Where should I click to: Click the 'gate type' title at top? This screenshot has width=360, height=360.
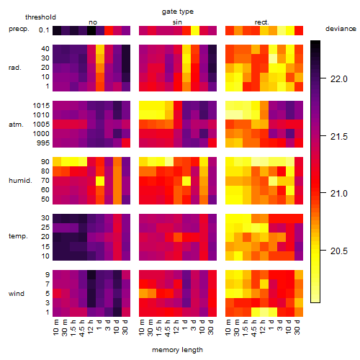[178, 12]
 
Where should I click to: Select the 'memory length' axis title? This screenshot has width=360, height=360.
[178, 350]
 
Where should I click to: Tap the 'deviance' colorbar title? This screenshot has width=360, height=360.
[341, 29]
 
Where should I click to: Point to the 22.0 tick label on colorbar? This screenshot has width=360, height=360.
[339, 79]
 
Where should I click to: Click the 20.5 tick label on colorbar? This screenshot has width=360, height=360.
[339, 251]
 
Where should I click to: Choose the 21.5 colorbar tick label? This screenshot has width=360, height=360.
[339, 137]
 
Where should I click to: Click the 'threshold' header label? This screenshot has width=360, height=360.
[40, 17]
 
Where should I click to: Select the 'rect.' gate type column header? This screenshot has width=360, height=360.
[262, 22]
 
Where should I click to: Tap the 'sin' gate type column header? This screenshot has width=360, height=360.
[177, 22]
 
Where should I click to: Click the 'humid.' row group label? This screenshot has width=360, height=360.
[20, 181]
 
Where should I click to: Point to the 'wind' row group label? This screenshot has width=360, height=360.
[17, 294]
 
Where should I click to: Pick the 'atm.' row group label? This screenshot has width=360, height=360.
[16, 125]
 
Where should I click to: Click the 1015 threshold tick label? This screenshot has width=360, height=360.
[41, 106]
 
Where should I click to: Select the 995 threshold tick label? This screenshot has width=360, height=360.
[43, 143]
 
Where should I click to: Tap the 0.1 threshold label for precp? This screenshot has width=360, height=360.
[44, 30]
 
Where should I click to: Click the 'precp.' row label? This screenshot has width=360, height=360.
[19, 30]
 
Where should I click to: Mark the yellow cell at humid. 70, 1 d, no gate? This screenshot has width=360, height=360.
[100, 181]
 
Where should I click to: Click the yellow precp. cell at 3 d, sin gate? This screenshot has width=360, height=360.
[195, 30]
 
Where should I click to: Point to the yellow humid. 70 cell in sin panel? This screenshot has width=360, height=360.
[186, 181]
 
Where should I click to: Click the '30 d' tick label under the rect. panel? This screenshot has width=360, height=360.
[297, 328]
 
